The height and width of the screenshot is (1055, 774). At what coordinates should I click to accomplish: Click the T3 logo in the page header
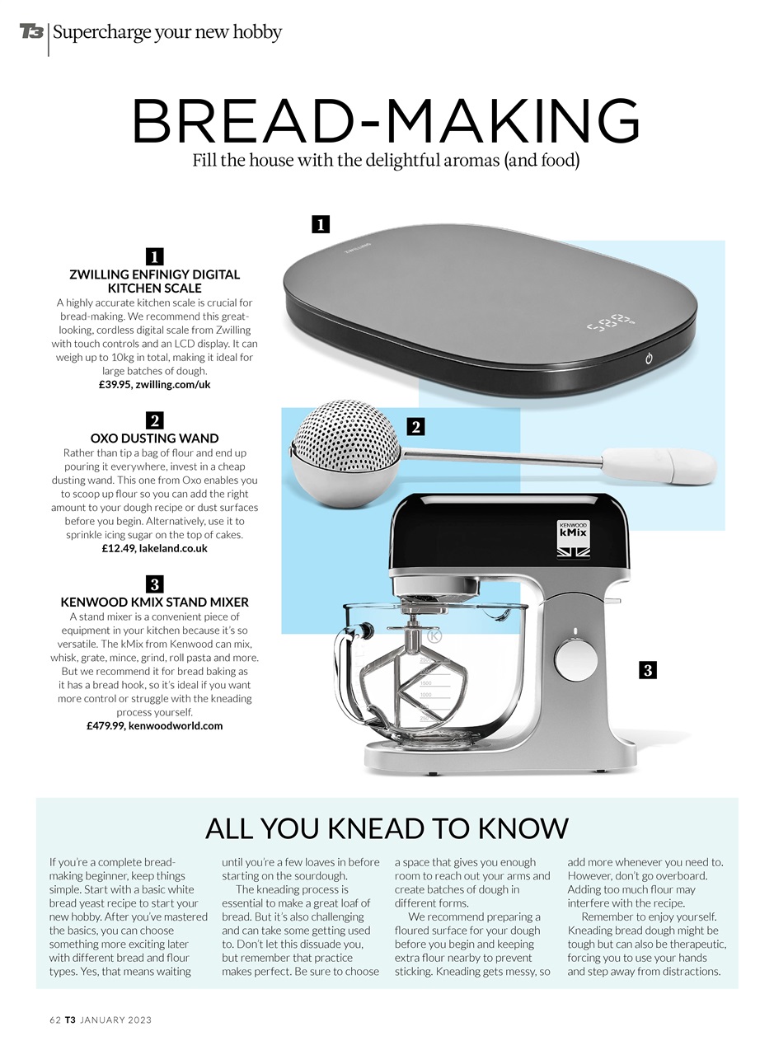pyautogui.click(x=31, y=32)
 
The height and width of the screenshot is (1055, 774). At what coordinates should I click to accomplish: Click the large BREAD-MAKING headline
pyautogui.click(x=387, y=120)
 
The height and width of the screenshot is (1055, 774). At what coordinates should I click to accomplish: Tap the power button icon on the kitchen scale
pyautogui.click(x=649, y=359)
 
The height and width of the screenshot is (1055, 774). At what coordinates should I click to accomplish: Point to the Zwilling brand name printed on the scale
pyautogui.click(x=358, y=248)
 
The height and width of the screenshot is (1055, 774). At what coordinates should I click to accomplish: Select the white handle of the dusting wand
pyautogui.click(x=659, y=466)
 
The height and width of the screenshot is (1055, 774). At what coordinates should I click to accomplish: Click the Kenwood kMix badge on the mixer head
pyautogui.click(x=573, y=540)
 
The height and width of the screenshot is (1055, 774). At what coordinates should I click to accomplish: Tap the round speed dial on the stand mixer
pyautogui.click(x=575, y=659)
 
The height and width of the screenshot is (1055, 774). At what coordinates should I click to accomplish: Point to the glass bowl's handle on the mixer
pyautogui.click(x=348, y=668)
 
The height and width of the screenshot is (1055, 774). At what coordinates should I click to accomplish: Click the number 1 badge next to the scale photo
pyautogui.click(x=321, y=224)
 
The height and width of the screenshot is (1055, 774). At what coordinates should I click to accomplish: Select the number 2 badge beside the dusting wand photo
pyautogui.click(x=415, y=427)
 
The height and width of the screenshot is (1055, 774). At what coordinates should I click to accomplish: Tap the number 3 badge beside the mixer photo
pyautogui.click(x=648, y=670)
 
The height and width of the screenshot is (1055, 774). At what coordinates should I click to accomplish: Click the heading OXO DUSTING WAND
pyautogui.click(x=154, y=438)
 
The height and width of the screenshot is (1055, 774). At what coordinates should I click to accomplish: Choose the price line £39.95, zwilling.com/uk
pyautogui.click(x=154, y=384)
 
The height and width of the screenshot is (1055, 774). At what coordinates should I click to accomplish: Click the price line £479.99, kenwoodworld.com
pyautogui.click(x=154, y=726)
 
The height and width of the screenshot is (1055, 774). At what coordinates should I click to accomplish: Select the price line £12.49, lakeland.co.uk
pyautogui.click(x=154, y=548)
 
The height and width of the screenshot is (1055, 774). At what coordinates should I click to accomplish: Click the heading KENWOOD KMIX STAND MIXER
pyautogui.click(x=154, y=603)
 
